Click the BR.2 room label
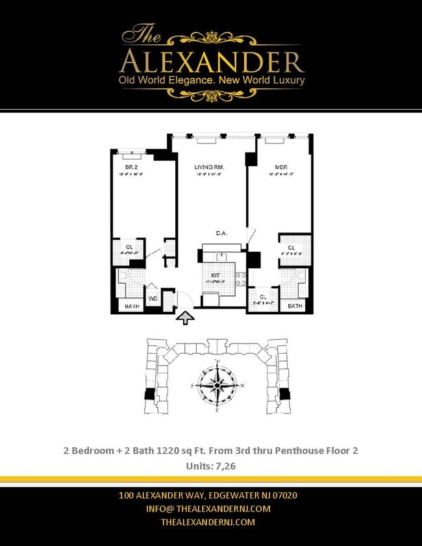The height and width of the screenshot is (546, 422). (x=131, y=168)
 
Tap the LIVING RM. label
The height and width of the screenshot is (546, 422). (x=209, y=168)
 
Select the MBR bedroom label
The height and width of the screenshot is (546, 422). (x=281, y=168)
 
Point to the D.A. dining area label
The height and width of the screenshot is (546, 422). (x=221, y=233)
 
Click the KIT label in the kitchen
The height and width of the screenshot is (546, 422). (x=216, y=276)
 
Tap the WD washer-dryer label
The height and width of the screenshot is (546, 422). (x=153, y=299)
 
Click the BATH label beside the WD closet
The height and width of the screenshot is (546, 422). (x=132, y=306)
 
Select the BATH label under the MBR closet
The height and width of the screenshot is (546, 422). (x=295, y=306)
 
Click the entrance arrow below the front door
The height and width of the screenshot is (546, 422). (x=186, y=317)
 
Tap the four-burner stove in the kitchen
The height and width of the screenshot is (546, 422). (x=240, y=279)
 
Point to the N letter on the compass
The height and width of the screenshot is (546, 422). (x=242, y=384)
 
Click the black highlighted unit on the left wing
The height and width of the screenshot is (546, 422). (x=150, y=393)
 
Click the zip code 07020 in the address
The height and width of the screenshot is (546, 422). (x=284, y=495)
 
